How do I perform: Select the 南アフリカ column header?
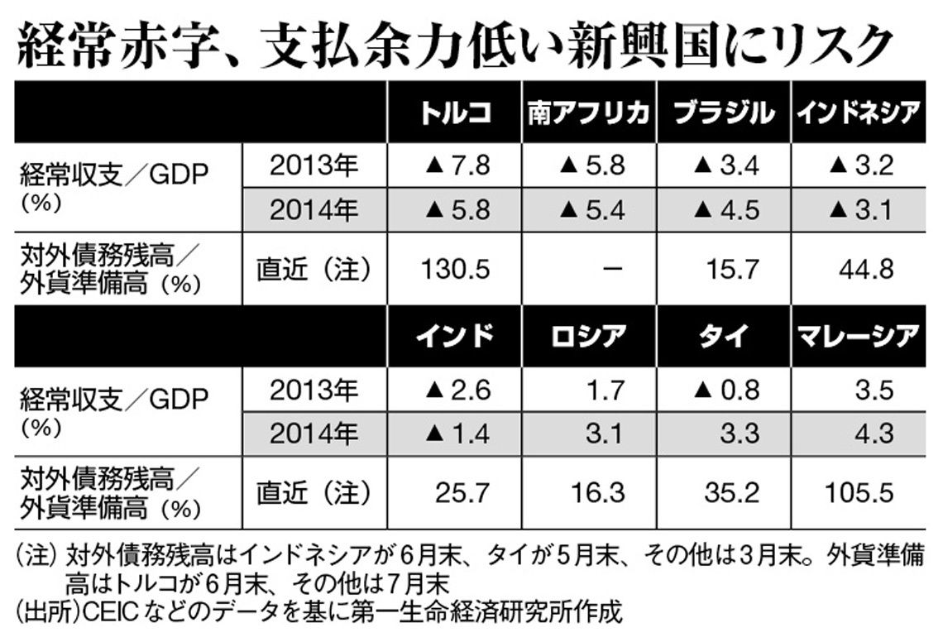pos(588,113)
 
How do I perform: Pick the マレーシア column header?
pos(859,336)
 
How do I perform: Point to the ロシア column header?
pos(588,336)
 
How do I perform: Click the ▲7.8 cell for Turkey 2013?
pos(457,166)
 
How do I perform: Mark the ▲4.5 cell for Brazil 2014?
pos(726,209)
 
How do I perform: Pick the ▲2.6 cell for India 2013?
pos(457,389)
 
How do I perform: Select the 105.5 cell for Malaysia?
pos(859,493)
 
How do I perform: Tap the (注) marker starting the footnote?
pos(34,553)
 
